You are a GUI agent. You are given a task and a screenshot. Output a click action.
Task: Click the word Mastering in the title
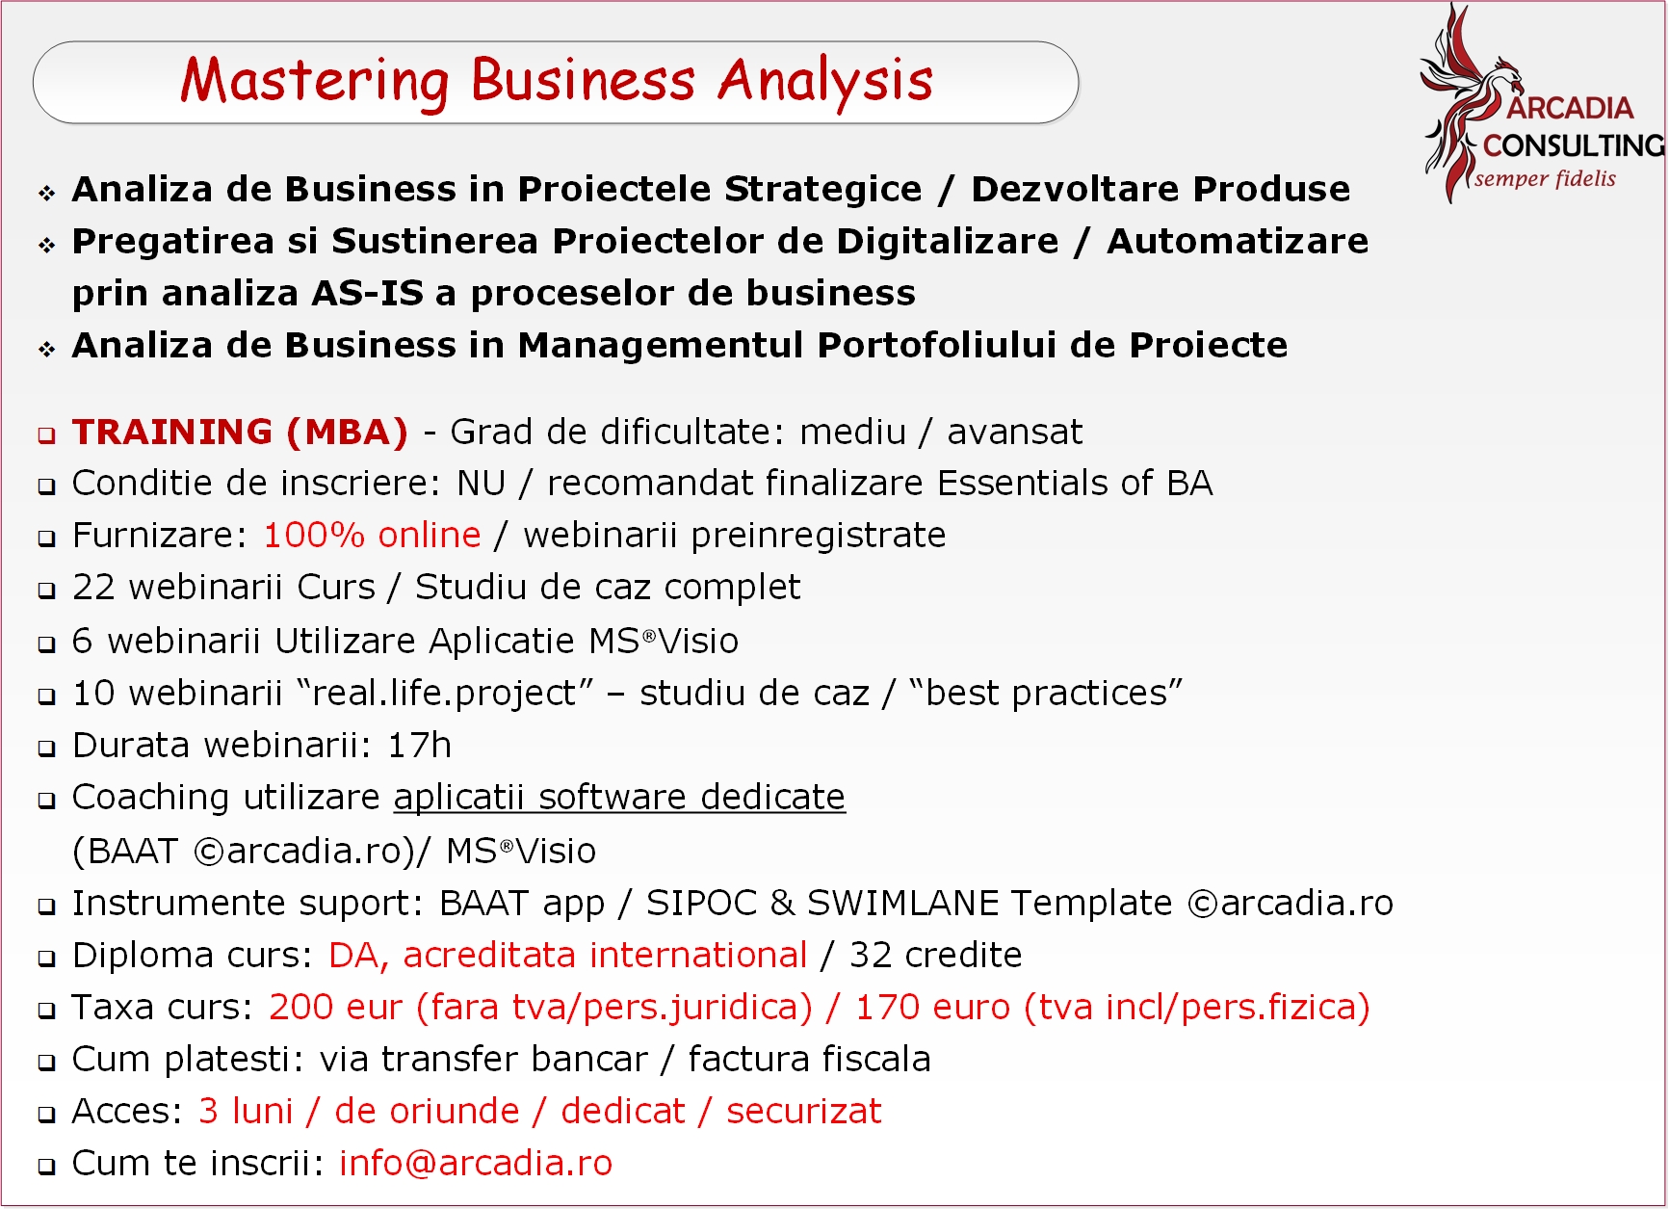click(x=314, y=82)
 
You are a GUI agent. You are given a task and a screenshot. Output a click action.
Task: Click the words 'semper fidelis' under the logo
click(x=1545, y=178)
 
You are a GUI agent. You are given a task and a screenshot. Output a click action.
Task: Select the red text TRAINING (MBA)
click(x=240, y=432)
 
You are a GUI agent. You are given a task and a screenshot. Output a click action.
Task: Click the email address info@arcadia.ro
click(x=476, y=1163)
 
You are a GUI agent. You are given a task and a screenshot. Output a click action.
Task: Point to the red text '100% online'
click(x=372, y=535)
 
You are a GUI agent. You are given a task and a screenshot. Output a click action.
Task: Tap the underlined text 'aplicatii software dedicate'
click(x=619, y=798)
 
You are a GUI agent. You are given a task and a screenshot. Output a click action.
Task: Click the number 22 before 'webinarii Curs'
click(x=93, y=587)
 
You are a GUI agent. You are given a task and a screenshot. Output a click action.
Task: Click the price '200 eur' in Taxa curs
click(x=335, y=1007)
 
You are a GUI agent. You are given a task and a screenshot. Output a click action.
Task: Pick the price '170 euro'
click(x=932, y=1007)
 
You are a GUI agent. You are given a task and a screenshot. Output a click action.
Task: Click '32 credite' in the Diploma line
click(x=935, y=955)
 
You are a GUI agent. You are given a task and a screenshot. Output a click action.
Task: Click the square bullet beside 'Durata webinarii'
click(x=46, y=748)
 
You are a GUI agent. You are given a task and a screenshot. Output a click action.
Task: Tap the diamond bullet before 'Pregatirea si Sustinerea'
click(x=46, y=245)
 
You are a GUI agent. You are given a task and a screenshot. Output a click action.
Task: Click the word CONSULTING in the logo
click(x=1574, y=145)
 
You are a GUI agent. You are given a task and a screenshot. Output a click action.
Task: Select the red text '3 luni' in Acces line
click(x=246, y=1111)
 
